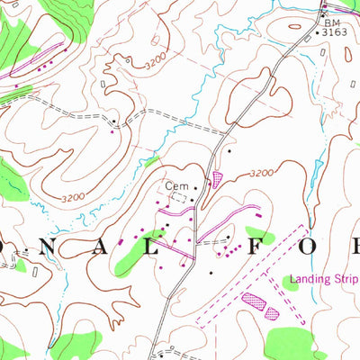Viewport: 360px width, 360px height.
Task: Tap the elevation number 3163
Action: point(334,31)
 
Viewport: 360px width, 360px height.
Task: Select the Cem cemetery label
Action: point(174,187)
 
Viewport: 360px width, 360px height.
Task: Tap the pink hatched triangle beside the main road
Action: point(216,180)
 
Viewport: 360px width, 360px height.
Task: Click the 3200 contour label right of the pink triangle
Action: point(261,173)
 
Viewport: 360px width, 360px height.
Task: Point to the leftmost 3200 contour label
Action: point(73,196)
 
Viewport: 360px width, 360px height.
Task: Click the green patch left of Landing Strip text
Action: point(292,283)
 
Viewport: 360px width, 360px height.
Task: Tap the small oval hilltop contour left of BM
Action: point(295,26)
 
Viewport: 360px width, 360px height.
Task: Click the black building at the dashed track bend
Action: point(113,119)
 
